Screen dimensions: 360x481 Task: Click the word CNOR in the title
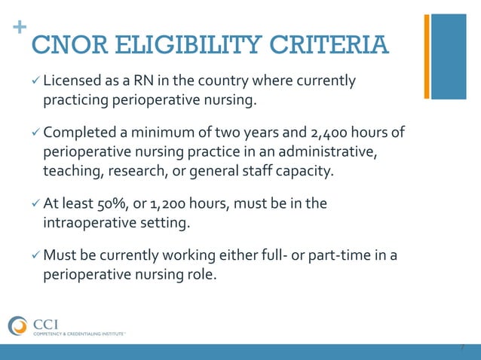[x=65, y=44]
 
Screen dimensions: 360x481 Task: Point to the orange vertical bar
[x=427, y=56]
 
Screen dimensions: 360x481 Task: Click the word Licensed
[x=74, y=80]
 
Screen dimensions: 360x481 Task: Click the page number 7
[x=462, y=348]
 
